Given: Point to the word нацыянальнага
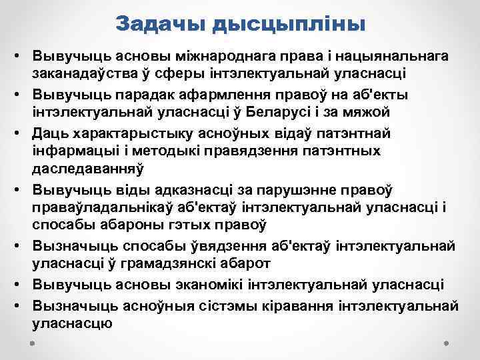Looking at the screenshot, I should click(389, 55).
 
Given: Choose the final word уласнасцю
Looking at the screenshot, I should click(72, 323).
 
